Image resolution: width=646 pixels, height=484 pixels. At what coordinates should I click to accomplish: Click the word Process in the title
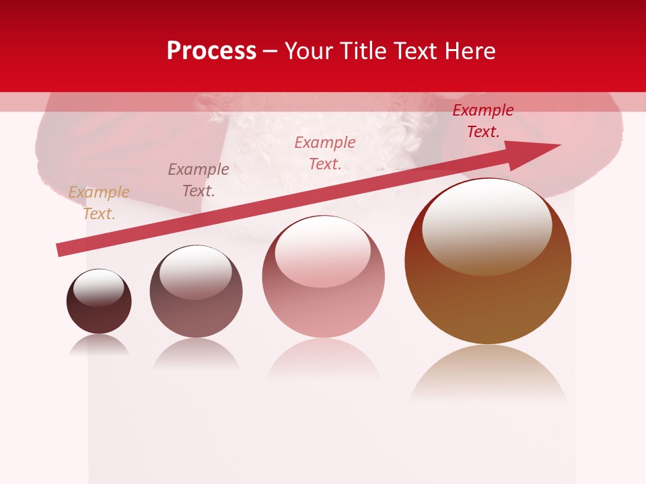click(x=211, y=51)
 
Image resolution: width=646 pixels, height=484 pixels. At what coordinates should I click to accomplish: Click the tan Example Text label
click(x=99, y=203)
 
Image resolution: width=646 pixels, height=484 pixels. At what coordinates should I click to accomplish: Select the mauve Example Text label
click(x=199, y=179)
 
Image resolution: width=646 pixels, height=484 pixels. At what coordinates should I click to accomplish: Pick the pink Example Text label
click(x=325, y=153)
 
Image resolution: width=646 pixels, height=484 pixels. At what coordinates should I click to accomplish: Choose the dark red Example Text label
click(x=483, y=121)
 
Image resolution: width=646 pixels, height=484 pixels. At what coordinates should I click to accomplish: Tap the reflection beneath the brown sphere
click(x=488, y=370)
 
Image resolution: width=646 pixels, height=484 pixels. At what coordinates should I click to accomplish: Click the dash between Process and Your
click(x=271, y=51)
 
